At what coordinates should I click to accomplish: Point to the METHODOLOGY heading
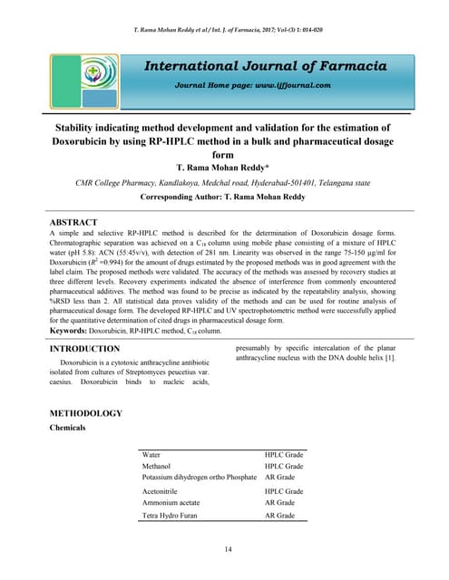click(84, 413)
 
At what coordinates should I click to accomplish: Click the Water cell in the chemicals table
click(152, 455)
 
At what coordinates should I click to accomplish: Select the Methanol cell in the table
click(159, 466)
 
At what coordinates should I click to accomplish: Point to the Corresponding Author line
click(224, 196)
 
